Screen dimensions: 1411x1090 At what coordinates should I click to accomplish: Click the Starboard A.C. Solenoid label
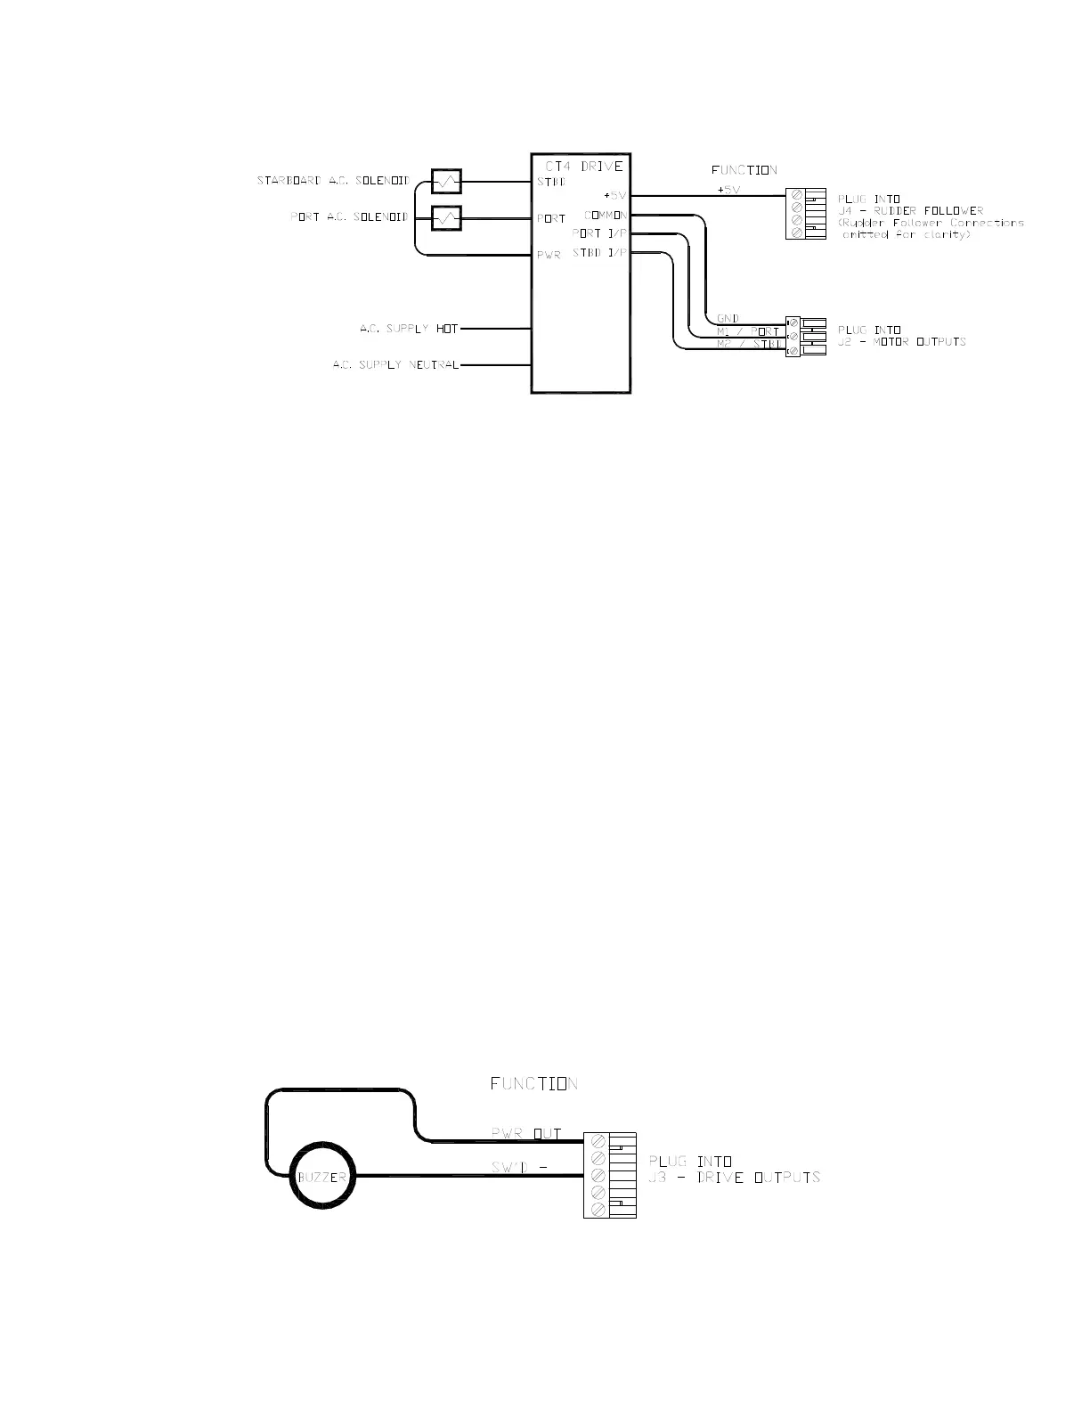coord(333,182)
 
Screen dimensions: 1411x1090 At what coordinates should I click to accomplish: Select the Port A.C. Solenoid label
coord(349,217)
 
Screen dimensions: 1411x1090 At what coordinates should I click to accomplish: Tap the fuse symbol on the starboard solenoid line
coord(445,182)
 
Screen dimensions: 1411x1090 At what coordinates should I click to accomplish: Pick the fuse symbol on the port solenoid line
coord(445,217)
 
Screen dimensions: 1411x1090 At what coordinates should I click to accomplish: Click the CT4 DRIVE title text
coord(583,167)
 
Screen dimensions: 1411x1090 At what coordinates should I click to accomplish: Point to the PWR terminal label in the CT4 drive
coord(549,256)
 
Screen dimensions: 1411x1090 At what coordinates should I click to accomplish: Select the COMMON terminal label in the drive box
coord(606,216)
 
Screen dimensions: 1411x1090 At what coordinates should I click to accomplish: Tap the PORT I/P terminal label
coord(599,233)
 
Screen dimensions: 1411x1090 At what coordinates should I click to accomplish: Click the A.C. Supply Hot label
coord(409,329)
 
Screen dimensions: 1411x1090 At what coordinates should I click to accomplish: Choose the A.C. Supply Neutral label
coord(396,365)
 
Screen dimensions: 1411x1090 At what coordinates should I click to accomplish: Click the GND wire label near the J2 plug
coord(728,319)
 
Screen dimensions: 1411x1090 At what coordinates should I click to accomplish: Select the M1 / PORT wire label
coord(748,332)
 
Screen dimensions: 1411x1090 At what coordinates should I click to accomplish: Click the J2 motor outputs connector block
coord(806,338)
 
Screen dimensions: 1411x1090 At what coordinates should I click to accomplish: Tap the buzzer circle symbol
coord(321,1177)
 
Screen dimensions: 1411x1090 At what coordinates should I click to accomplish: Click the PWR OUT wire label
coord(526,1134)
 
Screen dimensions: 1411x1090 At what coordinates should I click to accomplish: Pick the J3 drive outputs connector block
coord(610,1176)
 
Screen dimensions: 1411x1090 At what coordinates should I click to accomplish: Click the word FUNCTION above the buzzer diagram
coord(533,1084)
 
